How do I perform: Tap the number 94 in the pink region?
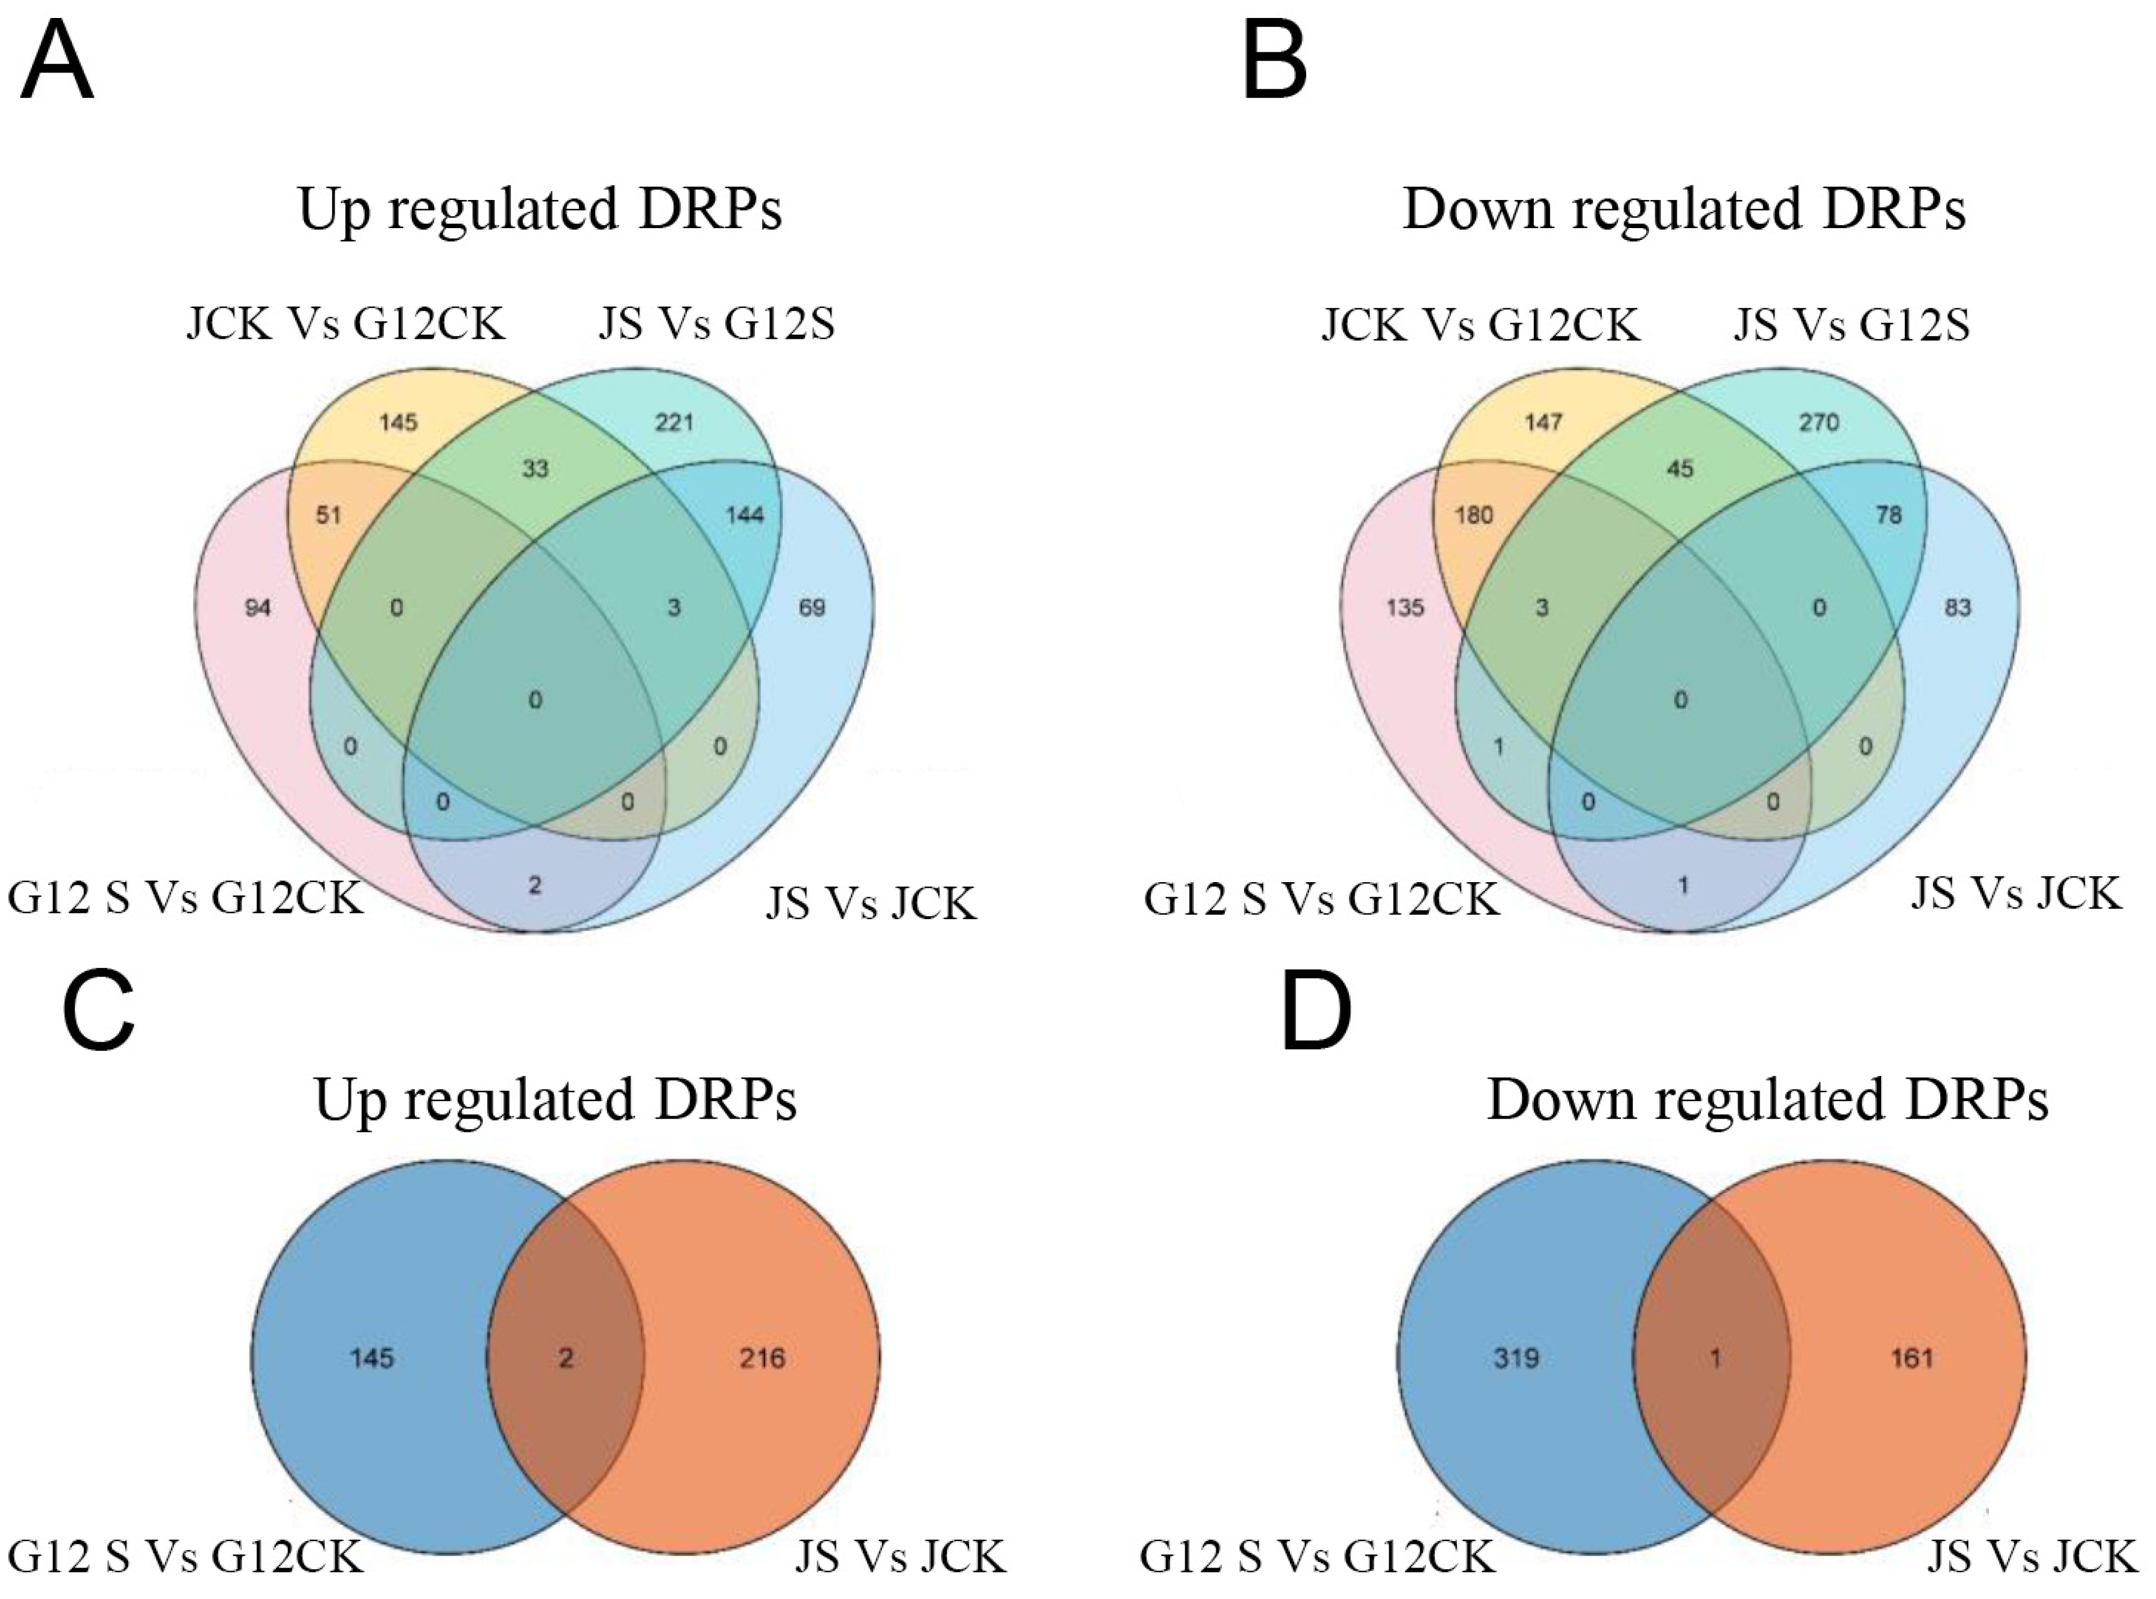[x=257, y=608]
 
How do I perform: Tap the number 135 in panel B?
[x=1404, y=608]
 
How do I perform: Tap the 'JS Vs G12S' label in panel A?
[x=717, y=324]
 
